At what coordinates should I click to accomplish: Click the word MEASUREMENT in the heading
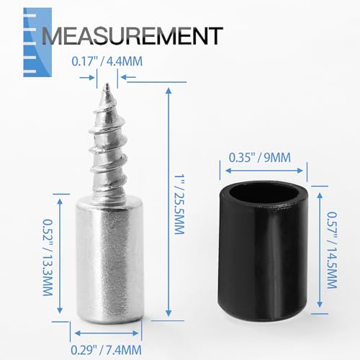pos(132,36)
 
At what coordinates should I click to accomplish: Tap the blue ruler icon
pos(37,42)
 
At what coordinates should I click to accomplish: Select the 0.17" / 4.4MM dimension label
pos(107,61)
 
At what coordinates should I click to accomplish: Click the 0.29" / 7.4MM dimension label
pos(106,350)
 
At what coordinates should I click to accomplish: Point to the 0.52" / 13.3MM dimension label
pos(48,258)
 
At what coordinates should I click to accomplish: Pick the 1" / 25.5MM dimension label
pos(179,204)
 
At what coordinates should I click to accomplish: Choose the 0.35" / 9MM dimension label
pos(260,158)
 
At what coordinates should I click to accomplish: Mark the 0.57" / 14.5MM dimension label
pos(332,250)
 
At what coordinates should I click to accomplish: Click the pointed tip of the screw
pos(107,84)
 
